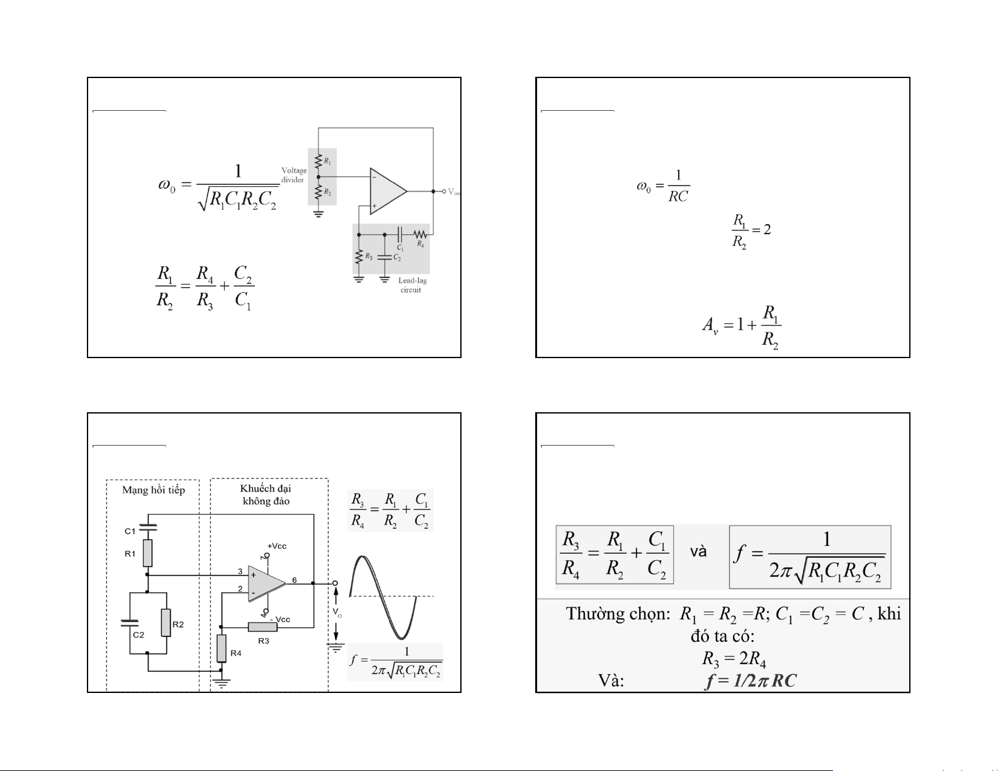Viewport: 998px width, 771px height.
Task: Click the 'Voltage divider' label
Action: [x=293, y=175]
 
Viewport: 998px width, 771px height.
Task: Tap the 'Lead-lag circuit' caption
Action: [x=412, y=285]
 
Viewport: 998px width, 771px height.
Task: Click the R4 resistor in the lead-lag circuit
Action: [x=420, y=234]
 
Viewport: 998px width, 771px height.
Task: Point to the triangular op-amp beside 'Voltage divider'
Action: [x=387, y=191]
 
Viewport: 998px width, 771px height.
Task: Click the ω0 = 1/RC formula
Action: [x=663, y=186]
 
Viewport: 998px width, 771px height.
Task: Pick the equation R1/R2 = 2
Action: [x=751, y=231]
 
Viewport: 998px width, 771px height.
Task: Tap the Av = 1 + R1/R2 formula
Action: [x=742, y=327]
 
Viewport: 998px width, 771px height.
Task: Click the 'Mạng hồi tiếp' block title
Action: [x=154, y=490]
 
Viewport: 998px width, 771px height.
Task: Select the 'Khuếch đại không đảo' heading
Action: [x=266, y=495]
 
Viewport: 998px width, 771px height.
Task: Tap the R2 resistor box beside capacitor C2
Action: [x=166, y=622]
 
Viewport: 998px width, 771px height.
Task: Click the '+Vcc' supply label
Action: [x=276, y=546]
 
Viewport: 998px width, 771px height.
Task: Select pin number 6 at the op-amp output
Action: [x=294, y=580]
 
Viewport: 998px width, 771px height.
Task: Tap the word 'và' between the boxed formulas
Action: [x=698, y=552]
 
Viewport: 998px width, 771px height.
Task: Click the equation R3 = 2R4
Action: [x=734, y=659]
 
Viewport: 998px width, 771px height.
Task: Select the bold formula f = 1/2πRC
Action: [x=750, y=680]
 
